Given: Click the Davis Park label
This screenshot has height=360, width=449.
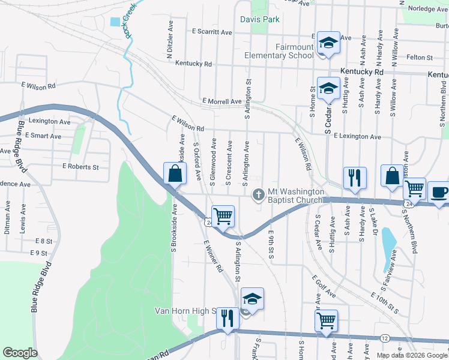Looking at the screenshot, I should (x=260, y=19).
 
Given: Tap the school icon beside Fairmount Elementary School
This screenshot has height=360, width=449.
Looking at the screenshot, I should (x=328, y=43).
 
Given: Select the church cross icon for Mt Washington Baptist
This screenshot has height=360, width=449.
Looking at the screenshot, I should (x=259, y=194).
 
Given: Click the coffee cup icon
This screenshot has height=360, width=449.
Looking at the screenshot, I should (x=439, y=193).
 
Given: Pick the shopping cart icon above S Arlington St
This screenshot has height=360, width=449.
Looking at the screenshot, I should (x=223, y=216).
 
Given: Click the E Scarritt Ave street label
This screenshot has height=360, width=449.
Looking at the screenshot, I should (x=212, y=32).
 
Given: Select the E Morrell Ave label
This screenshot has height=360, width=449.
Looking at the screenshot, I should (x=221, y=101).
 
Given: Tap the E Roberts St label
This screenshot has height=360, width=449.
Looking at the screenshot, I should (x=80, y=167).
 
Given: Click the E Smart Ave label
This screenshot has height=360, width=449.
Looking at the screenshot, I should (x=43, y=136).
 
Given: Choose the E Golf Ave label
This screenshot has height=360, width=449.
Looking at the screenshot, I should (x=324, y=287).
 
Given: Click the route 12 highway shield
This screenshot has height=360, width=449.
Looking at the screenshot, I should (x=384, y=338).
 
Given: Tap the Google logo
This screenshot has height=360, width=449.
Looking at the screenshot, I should (x=20, y=353).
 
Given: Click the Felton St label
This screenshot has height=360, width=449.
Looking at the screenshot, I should (x=420, y=58).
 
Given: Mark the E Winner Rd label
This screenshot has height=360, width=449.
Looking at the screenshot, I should (x=214, y=256).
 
